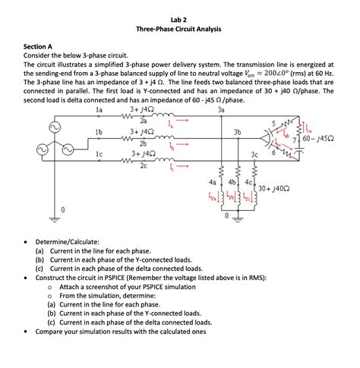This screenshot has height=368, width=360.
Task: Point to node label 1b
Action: pos(98,132)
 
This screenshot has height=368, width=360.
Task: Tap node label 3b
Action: pos(238,132)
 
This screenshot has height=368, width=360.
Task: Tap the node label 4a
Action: pos(212,182)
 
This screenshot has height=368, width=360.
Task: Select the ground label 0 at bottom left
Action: pos(63,208)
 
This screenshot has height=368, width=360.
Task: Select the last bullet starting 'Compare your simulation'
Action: pos(121,332)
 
